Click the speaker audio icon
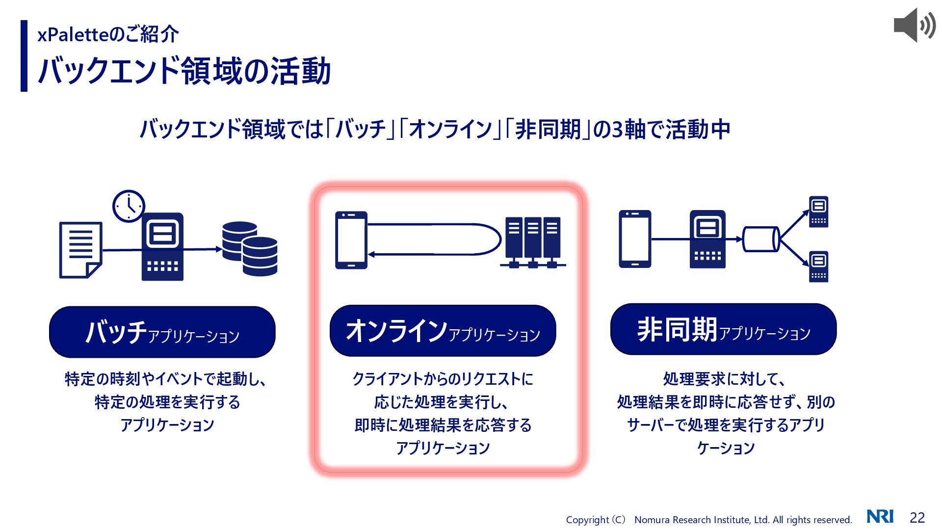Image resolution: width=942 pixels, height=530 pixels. tap(914, 25)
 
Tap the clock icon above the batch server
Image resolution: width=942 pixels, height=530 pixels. tap(129, 206)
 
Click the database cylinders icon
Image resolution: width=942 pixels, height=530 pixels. tap(250, 249)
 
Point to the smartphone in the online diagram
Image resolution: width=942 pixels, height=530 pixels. tap(351, 240)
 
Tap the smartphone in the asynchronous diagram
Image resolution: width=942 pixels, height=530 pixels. tap(635, 239)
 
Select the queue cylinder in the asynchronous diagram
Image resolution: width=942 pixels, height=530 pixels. tap(760, 239)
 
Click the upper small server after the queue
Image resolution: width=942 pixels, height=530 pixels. tap(818, 212)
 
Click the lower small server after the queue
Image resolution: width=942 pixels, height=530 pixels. tap(818, 266)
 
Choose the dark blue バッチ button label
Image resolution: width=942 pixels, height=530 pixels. tap(162, 332)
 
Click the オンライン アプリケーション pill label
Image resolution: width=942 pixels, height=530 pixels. tap(443, 331)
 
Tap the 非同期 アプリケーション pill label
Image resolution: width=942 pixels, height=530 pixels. tap(723, 329)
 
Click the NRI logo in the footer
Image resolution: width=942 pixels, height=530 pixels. tap(880, 517)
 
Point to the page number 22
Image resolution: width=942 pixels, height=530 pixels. tap(917, 518)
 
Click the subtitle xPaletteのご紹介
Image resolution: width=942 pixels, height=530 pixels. tap(108, 34)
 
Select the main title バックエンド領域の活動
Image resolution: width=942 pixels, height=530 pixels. tap(184, 71)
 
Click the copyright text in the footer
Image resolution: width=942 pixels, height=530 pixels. tap(708, 520)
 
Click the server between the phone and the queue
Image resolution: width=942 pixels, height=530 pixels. tap(707, 239)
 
